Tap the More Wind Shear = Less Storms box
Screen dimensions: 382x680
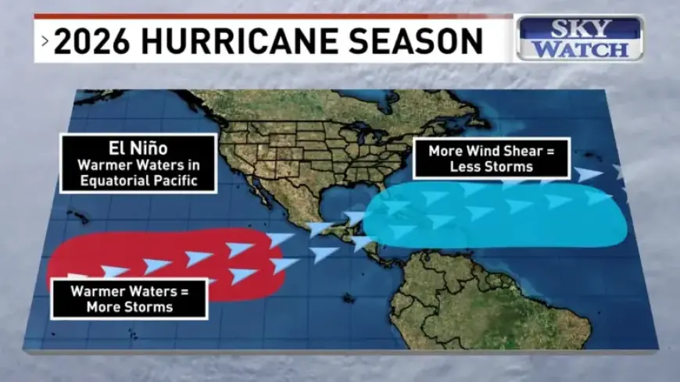coord(491,159)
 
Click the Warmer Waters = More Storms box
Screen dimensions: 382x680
coord(129,298)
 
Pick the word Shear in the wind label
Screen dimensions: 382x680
coord(524,151)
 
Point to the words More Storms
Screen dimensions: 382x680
coord(129,306)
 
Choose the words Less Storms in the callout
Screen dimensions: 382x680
coord(491,166)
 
